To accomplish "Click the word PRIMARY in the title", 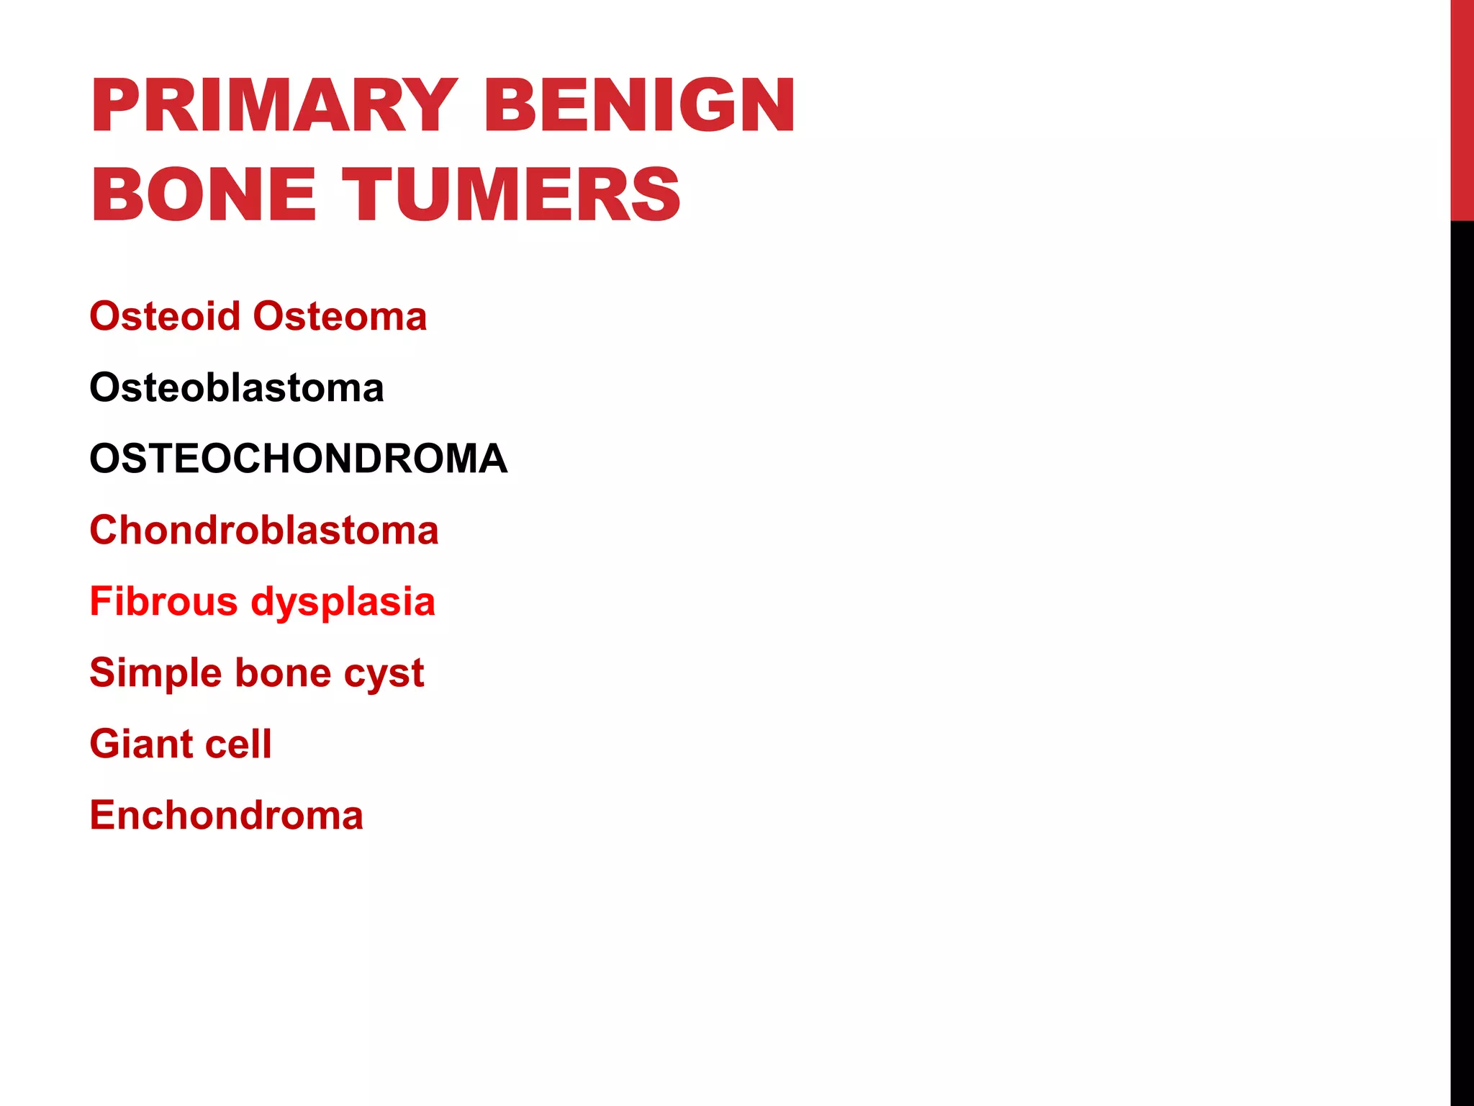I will [273, 106].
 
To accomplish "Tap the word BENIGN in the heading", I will [640, 106].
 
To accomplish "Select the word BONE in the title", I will [204, 194].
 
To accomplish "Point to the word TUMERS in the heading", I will [511, 194].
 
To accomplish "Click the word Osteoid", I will [165, 317].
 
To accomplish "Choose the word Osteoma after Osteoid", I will [340, 317].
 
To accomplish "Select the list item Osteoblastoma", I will [237, 388].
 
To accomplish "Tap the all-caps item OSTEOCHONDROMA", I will [299, 459].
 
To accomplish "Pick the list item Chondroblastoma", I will [264, 531].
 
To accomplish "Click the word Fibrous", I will [163, 601].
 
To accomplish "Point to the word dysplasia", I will [343, 603].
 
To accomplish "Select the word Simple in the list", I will [155, 673].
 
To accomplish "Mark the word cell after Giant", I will [238, 744].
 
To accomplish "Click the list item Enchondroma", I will [227, 815].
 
